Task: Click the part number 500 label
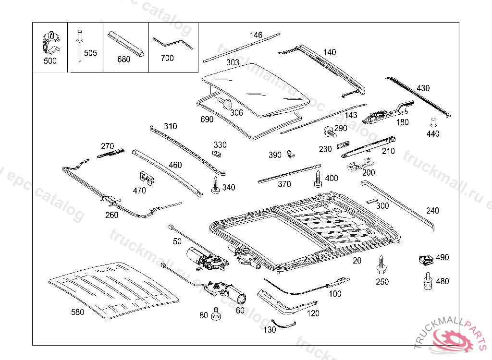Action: pos(49,61)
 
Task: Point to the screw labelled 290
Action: pos(328,130)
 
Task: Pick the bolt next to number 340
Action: pos(216,185)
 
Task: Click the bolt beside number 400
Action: pos(318,178)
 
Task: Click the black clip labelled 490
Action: pos(425,260)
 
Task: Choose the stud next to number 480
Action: pos(427,281)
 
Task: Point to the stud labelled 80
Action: pos(216,314)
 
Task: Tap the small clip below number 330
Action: pos(217,154)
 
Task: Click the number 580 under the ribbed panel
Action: pos(77,312)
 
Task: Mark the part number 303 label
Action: pos(233,62)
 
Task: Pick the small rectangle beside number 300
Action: pos(372,201)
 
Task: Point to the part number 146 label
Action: pos(256,35)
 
